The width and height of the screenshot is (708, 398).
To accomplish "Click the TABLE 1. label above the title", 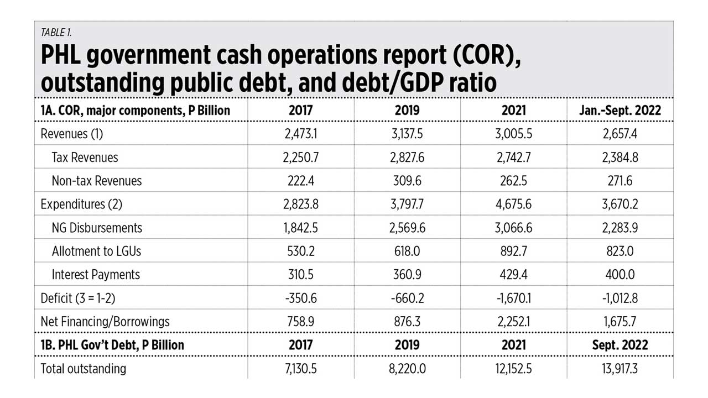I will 56,33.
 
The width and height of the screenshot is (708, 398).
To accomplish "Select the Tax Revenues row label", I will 85,157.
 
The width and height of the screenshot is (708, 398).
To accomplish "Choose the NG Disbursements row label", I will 97,228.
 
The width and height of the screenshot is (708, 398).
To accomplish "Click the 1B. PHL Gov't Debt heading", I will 112,345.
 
